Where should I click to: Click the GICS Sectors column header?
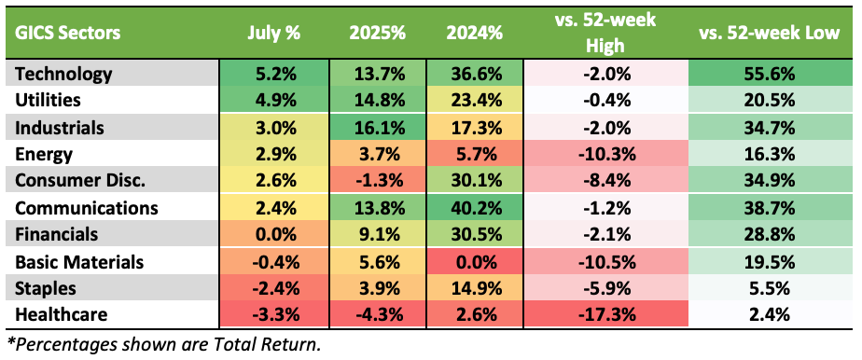click(67, 33)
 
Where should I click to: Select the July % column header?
click(273, 33)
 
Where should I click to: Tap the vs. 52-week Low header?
click(769, 33)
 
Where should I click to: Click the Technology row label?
click(63, 73)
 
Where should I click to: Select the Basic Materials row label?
click(79, 262)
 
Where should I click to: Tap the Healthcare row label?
click(61, 315)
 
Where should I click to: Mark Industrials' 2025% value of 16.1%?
click(377, 128)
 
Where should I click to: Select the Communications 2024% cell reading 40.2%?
click(473, 208)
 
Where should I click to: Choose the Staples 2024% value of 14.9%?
click(473, 288)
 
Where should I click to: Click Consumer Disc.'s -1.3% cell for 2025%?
click(377, 181)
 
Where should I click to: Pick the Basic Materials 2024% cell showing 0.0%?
click(473, 262)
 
